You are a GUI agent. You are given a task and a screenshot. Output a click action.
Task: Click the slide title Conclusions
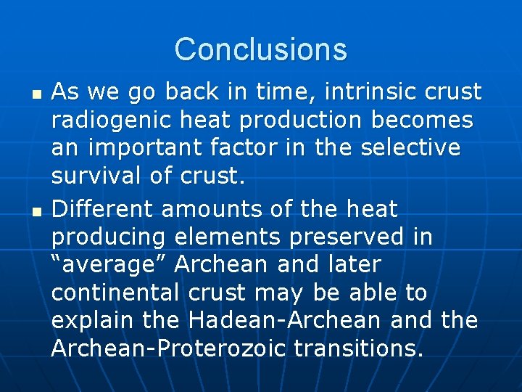coord(261,49)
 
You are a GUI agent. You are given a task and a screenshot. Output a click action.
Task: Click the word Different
coord(103,210)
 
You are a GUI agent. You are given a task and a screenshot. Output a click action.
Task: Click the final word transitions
coord(360,349)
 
